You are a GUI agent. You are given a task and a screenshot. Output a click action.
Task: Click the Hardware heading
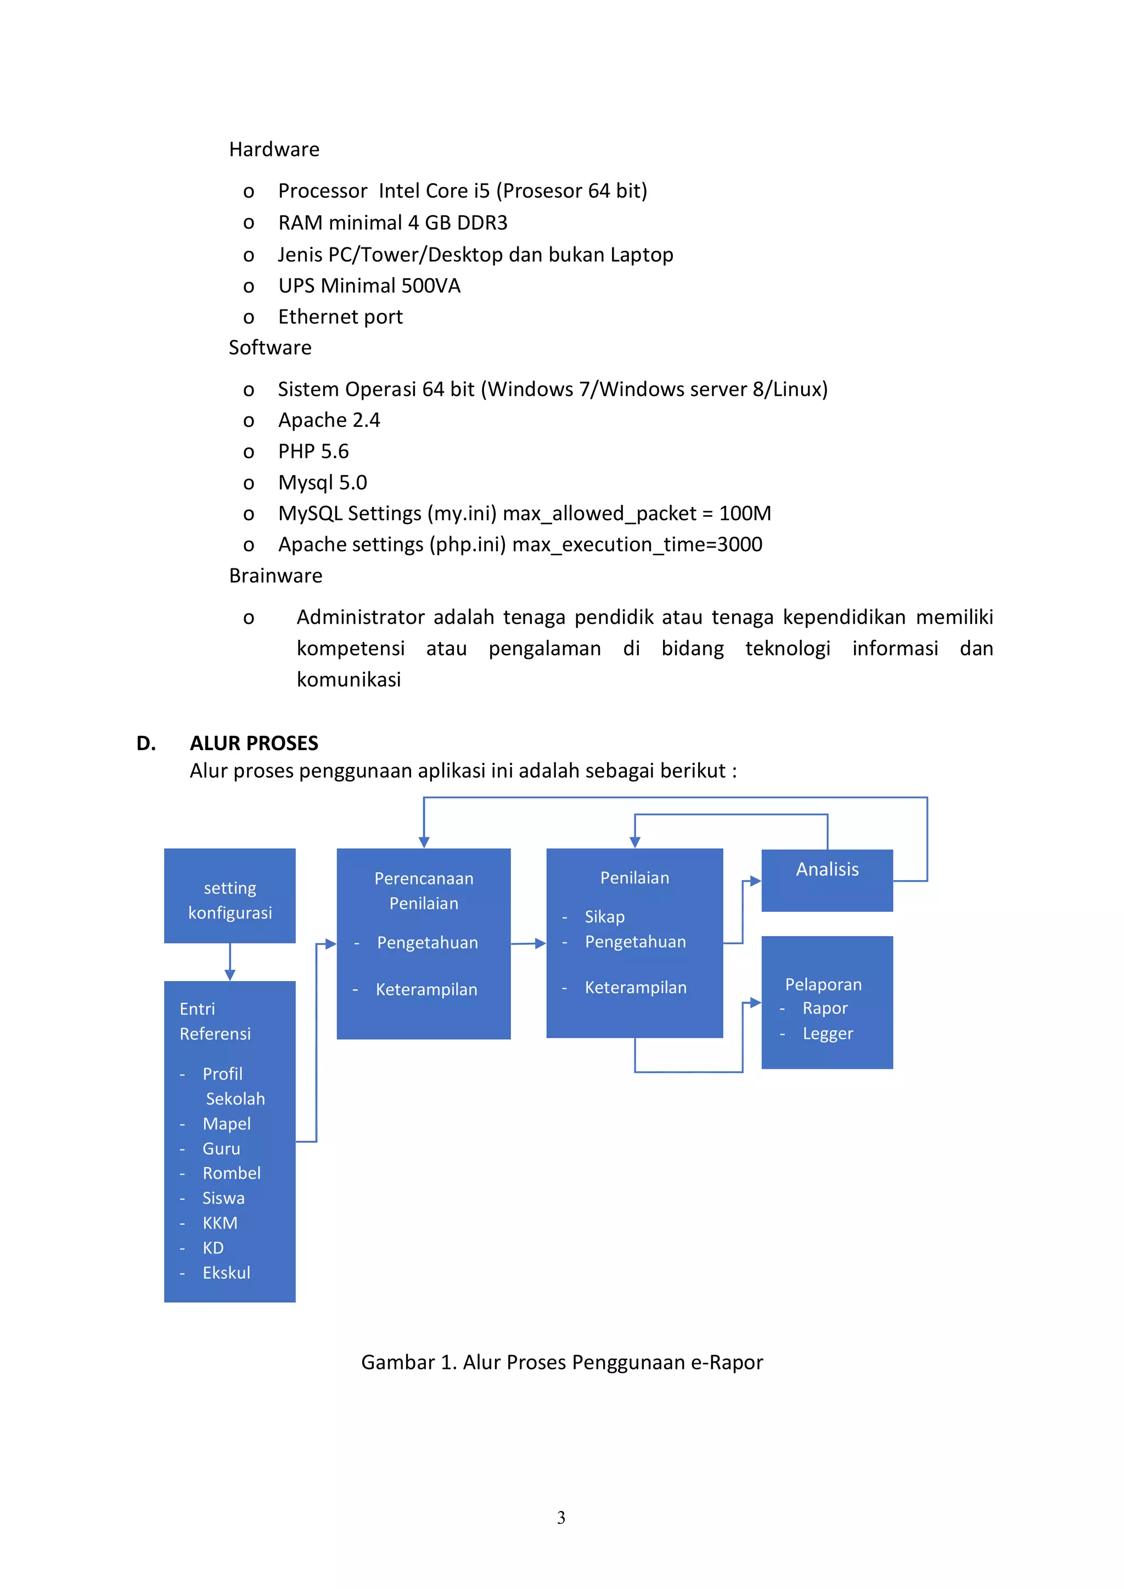point(274,149)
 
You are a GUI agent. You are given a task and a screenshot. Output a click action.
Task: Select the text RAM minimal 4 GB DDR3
point(392,223)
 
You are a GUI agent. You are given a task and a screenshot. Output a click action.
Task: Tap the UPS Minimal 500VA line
point(369,286)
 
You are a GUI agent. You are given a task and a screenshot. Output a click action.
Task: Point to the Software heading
point(270,347)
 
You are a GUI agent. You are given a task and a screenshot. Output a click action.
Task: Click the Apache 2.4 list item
point(329,420)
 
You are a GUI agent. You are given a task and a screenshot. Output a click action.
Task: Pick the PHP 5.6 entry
point(313,451)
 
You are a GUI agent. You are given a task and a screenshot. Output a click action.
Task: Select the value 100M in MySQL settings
point(745,514)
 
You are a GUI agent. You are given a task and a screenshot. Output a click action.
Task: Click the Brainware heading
point(276,576)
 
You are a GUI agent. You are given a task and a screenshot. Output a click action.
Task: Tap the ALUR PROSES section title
point(254,743)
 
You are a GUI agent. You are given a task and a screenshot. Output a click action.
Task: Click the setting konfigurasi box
point(230,896)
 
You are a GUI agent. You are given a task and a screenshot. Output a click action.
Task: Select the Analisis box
point(827,880)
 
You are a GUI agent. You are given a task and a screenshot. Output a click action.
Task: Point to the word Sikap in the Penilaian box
point(604,917)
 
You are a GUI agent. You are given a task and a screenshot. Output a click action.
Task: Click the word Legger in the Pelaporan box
point(828,1034)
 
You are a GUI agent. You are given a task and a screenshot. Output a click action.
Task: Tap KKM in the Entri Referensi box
point(220,1224)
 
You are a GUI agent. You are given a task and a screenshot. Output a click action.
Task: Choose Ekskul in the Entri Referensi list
point(226,1274)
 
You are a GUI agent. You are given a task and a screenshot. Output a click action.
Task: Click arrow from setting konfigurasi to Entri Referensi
point(230,962)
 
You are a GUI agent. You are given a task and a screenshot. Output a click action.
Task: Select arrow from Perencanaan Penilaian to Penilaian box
point(529,943)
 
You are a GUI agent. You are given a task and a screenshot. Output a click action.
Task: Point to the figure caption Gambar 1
point(561,1362)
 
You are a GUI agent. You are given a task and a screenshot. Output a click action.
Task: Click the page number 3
point(560,1518)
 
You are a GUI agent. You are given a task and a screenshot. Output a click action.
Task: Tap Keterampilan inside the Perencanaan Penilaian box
point(426,990)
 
